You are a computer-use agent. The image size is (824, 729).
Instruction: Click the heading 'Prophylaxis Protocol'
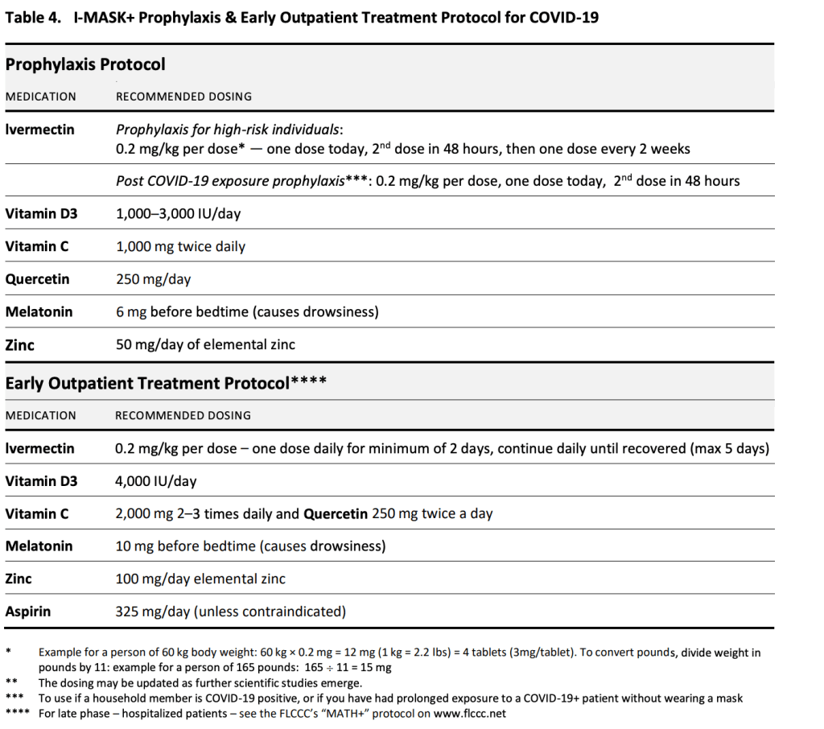(85, 64)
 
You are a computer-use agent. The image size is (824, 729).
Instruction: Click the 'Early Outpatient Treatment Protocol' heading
(147, 383)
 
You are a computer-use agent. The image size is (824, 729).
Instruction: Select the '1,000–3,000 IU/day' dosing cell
(179, 214)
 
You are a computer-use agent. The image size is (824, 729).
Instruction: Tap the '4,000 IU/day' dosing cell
(156, 481)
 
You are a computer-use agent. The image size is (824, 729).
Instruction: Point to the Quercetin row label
(37, 279)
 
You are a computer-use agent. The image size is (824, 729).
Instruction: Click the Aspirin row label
(28, 612)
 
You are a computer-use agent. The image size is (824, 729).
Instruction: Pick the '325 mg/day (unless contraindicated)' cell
(231, 612)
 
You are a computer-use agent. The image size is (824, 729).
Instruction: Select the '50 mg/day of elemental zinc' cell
(205, 344)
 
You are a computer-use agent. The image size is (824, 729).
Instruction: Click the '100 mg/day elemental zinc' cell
(200, 579)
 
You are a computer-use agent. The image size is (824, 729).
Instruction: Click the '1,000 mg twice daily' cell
(180, 246)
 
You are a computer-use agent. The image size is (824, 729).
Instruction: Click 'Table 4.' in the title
(33, 17)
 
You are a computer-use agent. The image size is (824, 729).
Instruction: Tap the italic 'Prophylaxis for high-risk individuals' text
(229, 130)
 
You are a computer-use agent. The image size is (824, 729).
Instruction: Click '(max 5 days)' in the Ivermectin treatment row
(730, 448)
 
